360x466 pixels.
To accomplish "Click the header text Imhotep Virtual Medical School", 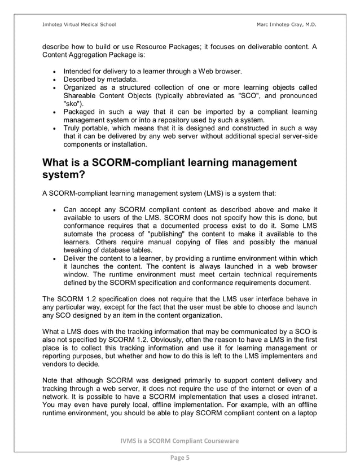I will [79, 24].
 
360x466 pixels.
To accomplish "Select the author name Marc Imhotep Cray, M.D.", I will [287, 24].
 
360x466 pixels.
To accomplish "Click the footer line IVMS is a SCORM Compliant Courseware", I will [180, 440].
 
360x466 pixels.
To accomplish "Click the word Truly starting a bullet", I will [73, 128].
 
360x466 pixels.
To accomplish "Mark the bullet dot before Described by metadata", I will [53, 80].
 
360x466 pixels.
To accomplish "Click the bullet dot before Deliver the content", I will [53, 258].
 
